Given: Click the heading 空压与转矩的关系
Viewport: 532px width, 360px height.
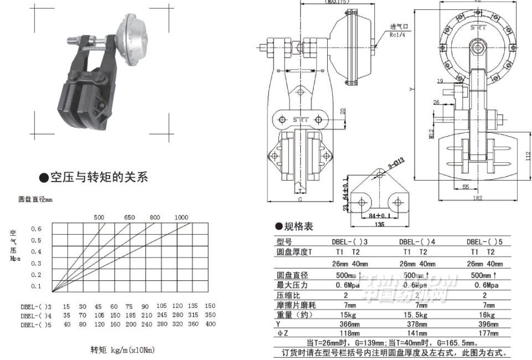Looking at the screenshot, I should point(99,178).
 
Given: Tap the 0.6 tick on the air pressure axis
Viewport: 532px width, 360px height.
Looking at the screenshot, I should point(36,228).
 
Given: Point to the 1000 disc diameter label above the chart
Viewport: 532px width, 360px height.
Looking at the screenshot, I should point(181,217).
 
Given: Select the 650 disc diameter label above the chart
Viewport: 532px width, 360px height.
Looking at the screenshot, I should point(129,217).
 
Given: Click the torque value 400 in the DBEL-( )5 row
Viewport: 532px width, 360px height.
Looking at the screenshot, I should point(210,324).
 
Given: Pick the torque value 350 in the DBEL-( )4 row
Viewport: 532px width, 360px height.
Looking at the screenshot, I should point(210,315).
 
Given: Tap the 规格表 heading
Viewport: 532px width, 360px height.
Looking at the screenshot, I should point(298,227).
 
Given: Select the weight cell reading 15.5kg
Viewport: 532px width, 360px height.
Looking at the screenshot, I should point(421,314).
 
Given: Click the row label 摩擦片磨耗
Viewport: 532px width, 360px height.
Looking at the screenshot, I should point(299,304).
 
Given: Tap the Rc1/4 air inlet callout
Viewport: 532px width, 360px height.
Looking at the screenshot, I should point(397,35).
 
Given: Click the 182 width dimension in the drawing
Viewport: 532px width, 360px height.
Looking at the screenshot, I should point(477,198).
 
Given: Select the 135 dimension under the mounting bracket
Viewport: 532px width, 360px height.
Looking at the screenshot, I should point(380,225).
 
